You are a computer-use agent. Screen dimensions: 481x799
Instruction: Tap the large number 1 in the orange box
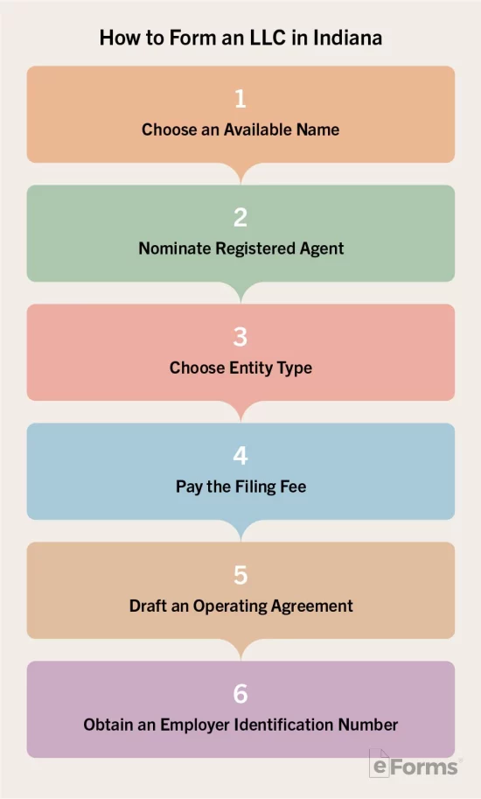240,98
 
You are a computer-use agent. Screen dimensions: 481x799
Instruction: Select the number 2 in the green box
240,218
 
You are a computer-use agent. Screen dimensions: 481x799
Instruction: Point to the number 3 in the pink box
240,337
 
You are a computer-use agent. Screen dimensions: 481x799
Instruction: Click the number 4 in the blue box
240,456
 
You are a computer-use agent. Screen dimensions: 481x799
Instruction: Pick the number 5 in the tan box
240,575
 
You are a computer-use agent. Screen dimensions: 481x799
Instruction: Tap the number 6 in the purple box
240,694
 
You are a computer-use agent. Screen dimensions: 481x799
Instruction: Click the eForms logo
415,763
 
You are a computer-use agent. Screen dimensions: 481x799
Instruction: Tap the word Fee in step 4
293,487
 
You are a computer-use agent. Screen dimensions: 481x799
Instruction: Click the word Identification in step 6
284,725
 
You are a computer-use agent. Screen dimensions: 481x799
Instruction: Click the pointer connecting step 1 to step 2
240,172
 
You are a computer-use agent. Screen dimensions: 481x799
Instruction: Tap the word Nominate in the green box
175,249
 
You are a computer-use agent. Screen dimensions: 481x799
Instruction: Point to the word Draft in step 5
146,606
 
